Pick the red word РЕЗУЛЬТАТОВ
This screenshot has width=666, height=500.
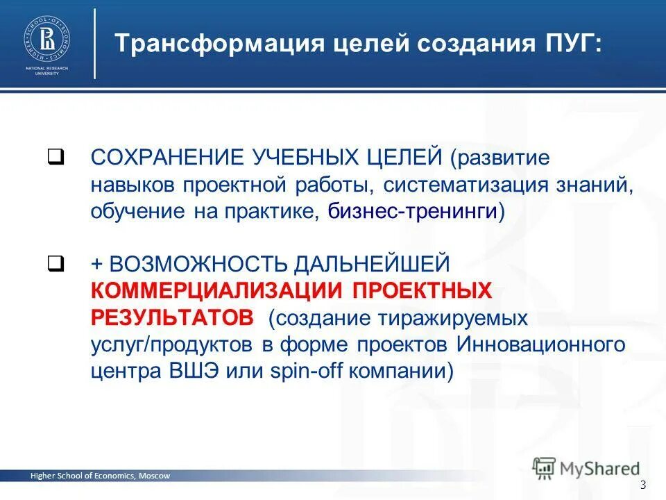pyautogui.click(x=173, y=317)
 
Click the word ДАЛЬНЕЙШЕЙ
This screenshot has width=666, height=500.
pyautogui.click(x=373, y=264)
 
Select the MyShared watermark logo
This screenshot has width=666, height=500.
pyautogui.click(x=586, y=467)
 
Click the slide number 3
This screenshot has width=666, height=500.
pyautogui.click(x=643, y=484)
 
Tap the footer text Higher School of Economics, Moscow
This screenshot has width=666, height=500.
pyautogui.click(x=99, y=476)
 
